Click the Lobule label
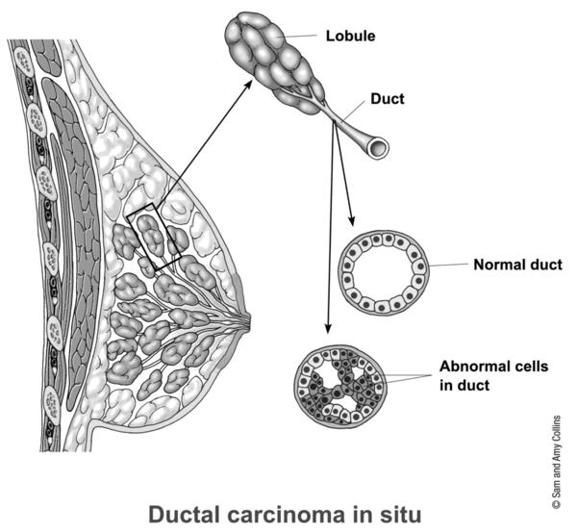350,38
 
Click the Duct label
386,100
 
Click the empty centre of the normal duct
386,272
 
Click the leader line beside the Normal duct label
449,265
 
